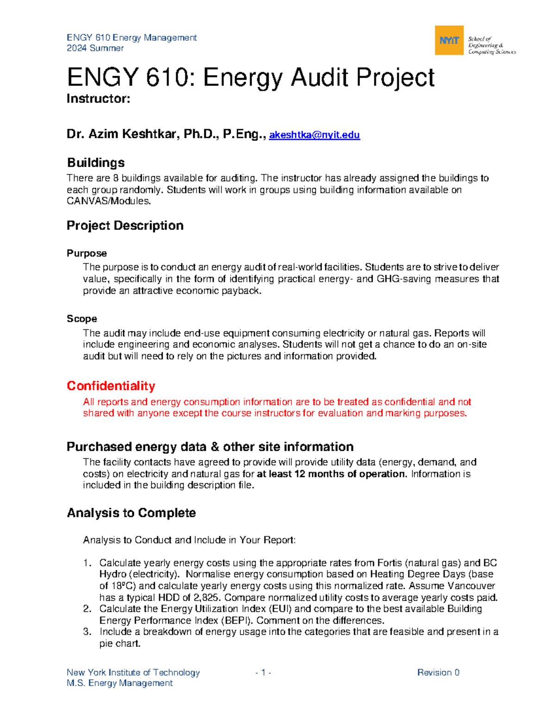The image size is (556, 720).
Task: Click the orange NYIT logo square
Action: coord(449,40)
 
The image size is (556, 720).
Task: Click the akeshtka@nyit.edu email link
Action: coord(314,135)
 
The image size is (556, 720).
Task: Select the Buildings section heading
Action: coord(96,163)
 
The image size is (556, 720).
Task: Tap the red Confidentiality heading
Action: coord(111,386)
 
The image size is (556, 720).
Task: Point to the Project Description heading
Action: coord(125,226)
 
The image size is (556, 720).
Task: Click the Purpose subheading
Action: coord(87,253)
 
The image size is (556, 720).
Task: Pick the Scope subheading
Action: coord(82,319)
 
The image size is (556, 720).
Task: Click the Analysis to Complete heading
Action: coord(131,513)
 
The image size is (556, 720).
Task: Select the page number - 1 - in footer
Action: coord(263,672)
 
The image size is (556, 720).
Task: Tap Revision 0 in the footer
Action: coord(438,672)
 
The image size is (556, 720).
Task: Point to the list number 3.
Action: coord(87,631)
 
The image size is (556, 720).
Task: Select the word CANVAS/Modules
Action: coord(109,201)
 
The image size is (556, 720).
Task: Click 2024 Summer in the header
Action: coord(95,48)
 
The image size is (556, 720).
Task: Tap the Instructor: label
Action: coord(98,99)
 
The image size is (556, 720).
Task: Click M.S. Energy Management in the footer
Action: coord(120,683)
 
